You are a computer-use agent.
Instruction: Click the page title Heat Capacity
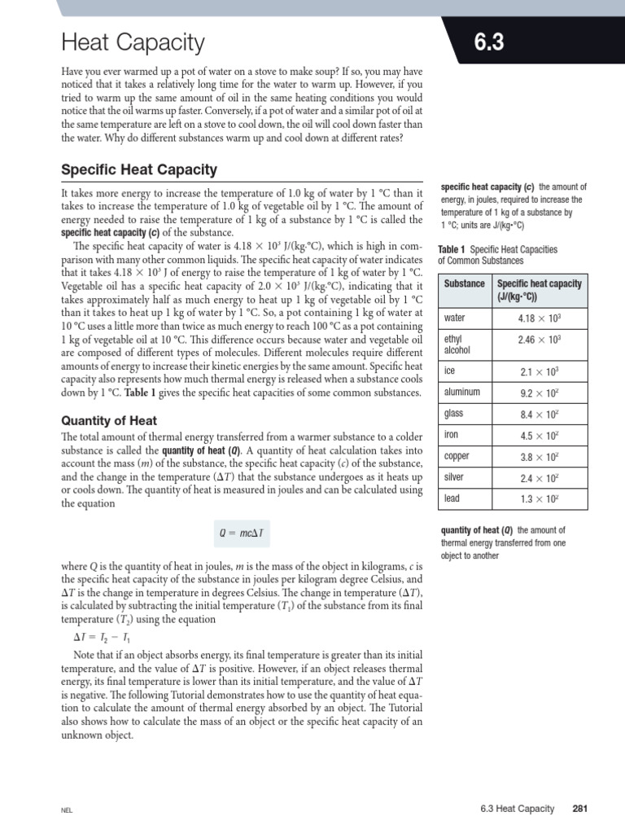pyautogui.click(x=133, y=42)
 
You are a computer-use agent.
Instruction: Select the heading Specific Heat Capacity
pyautogui.click(x=139, y=169)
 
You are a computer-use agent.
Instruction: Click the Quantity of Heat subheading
pyautogui.click(x=109, y=420)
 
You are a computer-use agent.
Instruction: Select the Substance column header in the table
pyautogui.click(x=465, y=283)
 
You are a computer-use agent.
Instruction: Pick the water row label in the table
pyautogui.click(x=455, y=318)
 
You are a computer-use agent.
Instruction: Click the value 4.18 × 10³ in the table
pyautogui.click(x=540, y=318)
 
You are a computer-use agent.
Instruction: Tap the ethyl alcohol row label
pyautogui.click(x=454, y=344)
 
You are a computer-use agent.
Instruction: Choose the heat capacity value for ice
pyautogui.click(x=540, y=372)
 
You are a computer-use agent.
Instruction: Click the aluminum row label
pyautogui.click(x=462, y=392)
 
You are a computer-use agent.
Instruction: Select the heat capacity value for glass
pyautogui.click(x=540, y=415)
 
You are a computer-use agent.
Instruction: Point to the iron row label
pyautogui.click(x=452, y=435)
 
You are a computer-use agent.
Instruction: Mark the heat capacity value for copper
pyautogui.click(x=540, y=457)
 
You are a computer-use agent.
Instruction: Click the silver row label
pyautogui.click(x=454, y=476)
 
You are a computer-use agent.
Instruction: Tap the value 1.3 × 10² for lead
pyautogui.click(x=540, y=498)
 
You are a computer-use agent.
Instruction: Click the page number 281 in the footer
pyautogui.click(x=579, y=809)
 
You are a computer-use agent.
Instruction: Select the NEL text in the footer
pyautogui.click(x=67, y=810)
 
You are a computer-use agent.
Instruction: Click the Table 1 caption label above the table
pyautogui.click(x=452, y=249)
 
